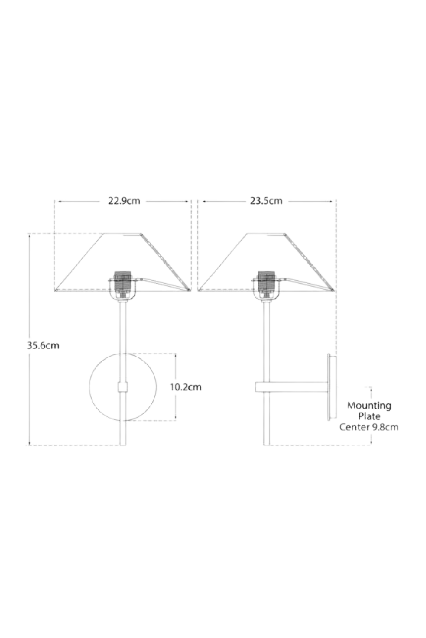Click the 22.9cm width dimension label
(124, 201)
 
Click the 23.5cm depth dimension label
(266, 201)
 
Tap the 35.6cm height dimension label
(43, 345)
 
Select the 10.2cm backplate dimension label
(186, 387)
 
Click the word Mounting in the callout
(369, 405)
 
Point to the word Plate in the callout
(369, 416)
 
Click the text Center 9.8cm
(369, 427)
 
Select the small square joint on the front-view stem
(123, 387)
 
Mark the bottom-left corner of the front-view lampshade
(55, 291)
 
